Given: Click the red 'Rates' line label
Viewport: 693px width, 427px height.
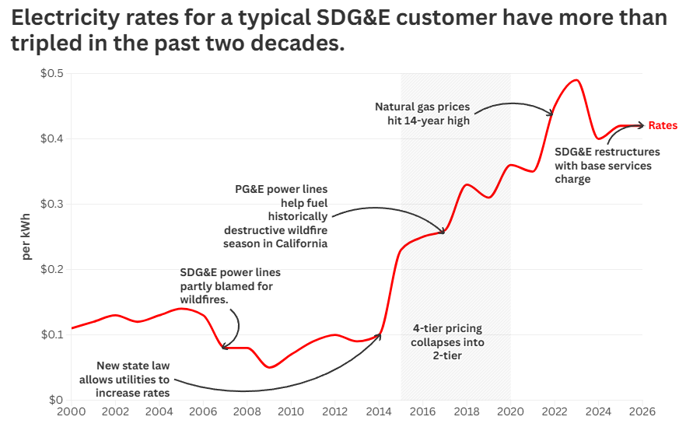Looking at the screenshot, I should pos(663,125).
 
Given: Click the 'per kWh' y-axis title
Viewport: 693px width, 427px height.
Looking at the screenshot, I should pos(26,236).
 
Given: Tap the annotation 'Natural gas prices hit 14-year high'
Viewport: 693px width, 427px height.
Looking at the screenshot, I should pos(422,114).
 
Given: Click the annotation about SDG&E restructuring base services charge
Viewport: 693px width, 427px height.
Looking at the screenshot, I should pos(607,165).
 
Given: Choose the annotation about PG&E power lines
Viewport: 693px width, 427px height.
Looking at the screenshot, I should pos(276,216).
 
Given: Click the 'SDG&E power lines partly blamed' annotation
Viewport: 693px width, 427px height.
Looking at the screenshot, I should pos(230,285).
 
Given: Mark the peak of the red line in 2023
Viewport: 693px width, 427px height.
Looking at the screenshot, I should pos(576,80).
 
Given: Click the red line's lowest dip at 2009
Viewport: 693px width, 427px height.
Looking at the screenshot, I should pos(269,367).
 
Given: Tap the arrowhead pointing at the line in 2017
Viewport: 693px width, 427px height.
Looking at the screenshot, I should pos(443,231).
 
